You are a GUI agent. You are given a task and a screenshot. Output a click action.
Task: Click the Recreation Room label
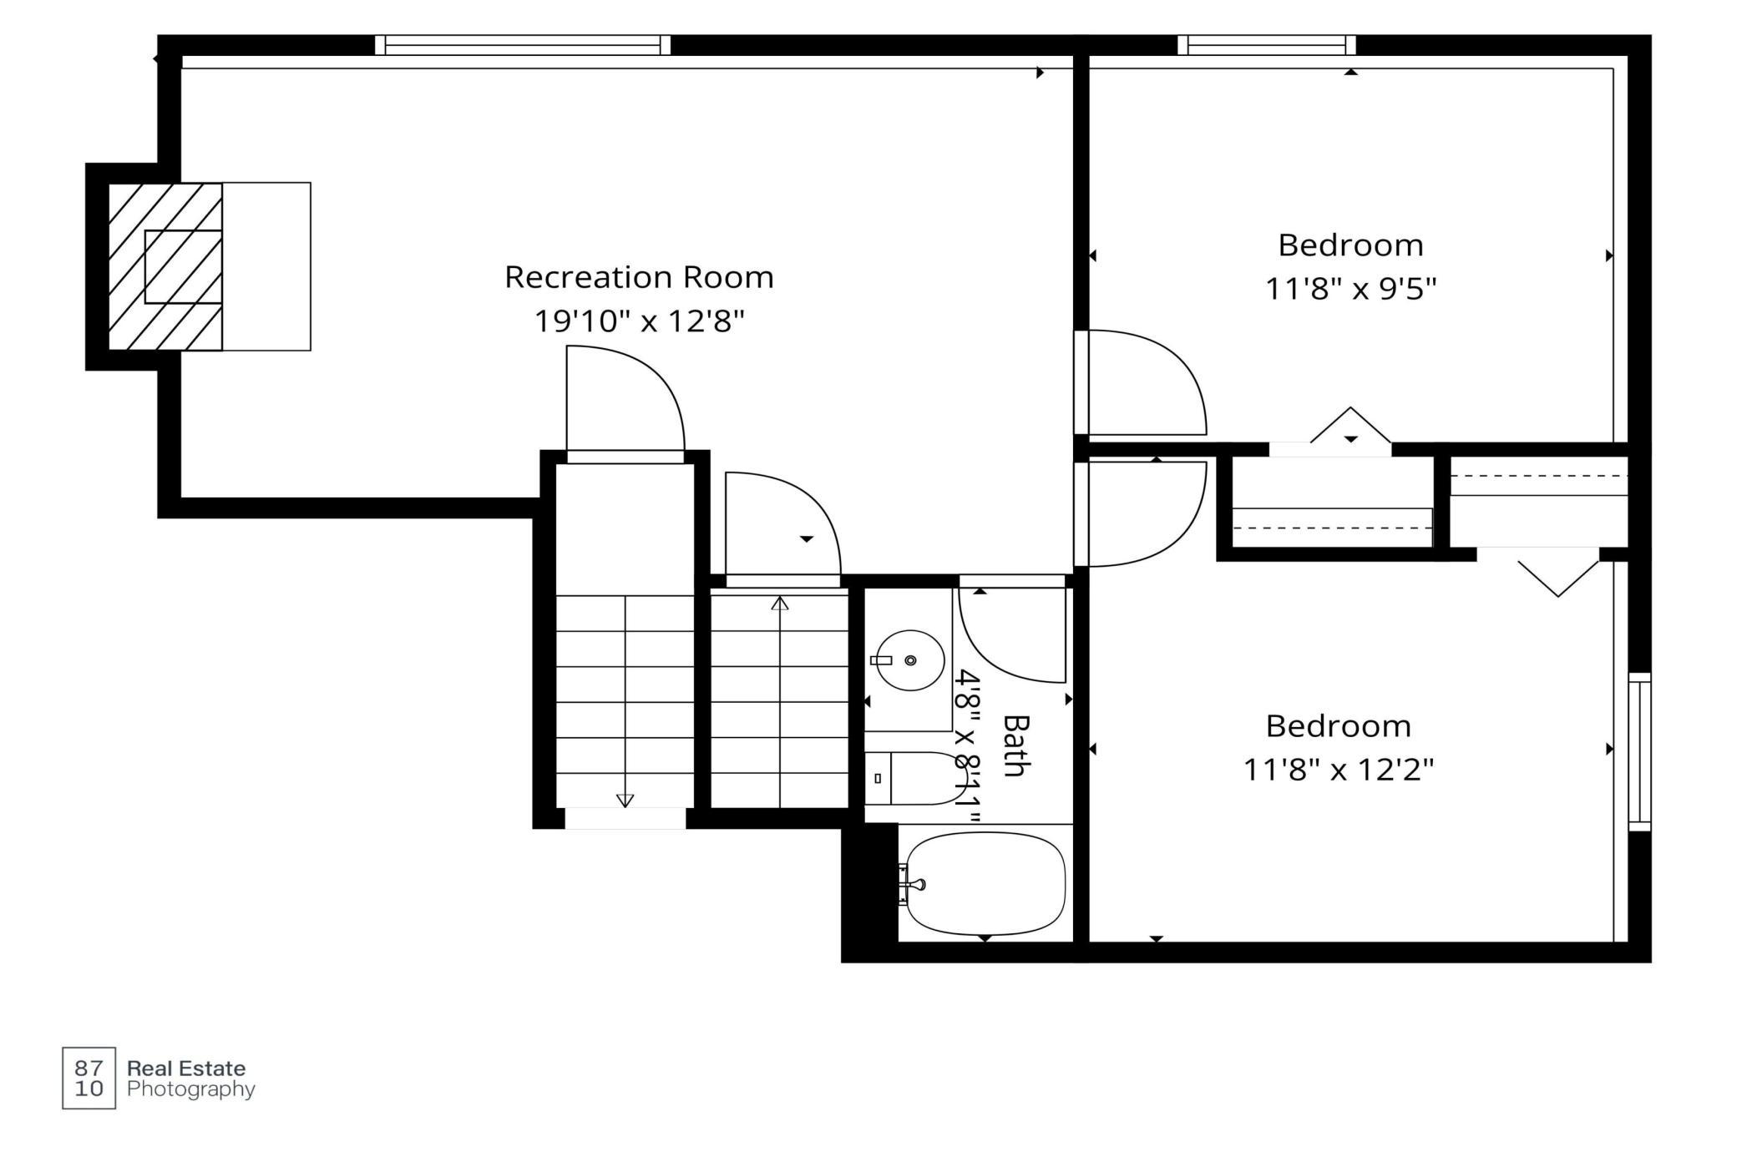639,277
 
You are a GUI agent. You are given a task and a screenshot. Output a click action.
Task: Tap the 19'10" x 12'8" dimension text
639,321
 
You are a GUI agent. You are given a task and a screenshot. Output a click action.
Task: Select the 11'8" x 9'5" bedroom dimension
1350,289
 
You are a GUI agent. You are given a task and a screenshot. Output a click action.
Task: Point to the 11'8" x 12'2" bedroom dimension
1338,769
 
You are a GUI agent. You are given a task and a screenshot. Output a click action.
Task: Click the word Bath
1014,745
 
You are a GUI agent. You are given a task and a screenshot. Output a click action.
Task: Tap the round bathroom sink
909,660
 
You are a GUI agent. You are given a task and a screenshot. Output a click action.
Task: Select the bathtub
985,883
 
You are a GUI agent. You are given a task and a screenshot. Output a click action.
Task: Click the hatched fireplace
165,266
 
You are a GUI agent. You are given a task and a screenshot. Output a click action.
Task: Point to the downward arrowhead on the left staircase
625,801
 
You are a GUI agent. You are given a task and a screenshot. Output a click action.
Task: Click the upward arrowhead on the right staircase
779,603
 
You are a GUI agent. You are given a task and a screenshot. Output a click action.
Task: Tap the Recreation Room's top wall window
523,45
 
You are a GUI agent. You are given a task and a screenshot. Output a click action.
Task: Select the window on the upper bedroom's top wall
1267,45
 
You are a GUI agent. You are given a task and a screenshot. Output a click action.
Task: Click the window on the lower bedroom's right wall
1640,751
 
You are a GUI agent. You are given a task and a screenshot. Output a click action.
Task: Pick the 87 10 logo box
89,1078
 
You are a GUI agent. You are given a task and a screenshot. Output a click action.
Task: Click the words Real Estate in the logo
186,1069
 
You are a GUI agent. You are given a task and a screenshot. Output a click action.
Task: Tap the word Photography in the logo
191,1089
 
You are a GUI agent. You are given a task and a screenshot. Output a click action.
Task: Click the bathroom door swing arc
994,659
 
